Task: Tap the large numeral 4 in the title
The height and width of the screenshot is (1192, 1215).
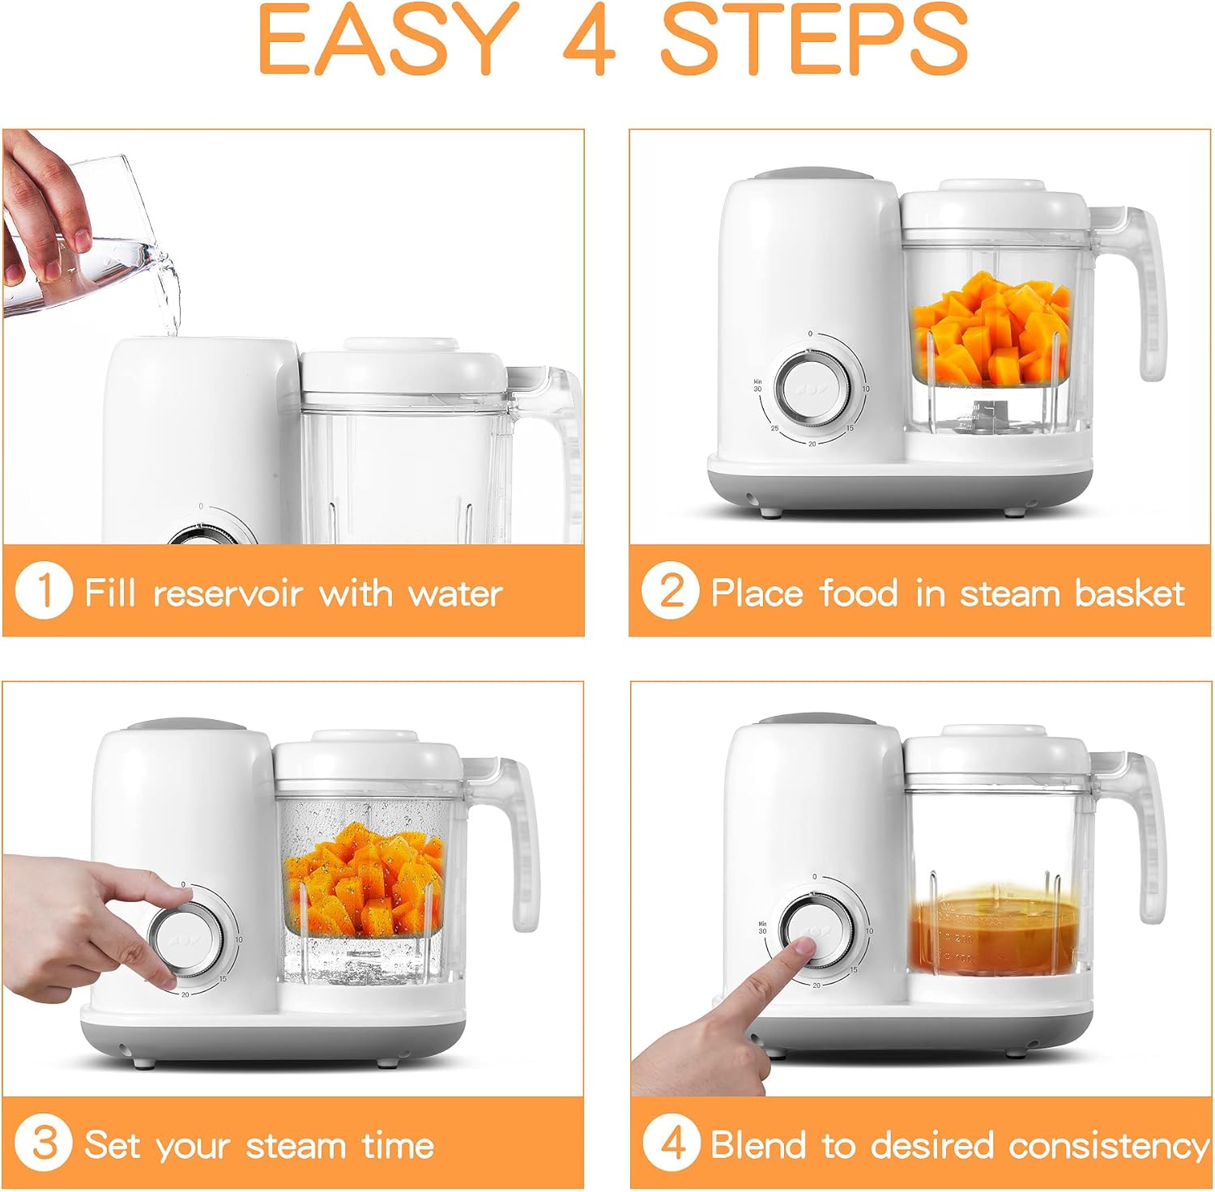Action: click(x=589, y=40)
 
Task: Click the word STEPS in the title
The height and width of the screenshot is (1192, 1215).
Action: click(x=814, y=40)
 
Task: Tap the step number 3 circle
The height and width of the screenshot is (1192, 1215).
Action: click(x=44, y=1143)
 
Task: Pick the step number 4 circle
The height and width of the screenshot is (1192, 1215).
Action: click(x=671, y=1143)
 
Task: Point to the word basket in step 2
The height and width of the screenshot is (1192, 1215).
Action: click(x=1129, y=594)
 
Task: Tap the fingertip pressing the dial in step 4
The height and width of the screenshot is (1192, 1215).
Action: click(x=798, y=949)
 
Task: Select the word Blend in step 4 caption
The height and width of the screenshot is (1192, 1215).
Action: click(x=760, y=1145)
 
